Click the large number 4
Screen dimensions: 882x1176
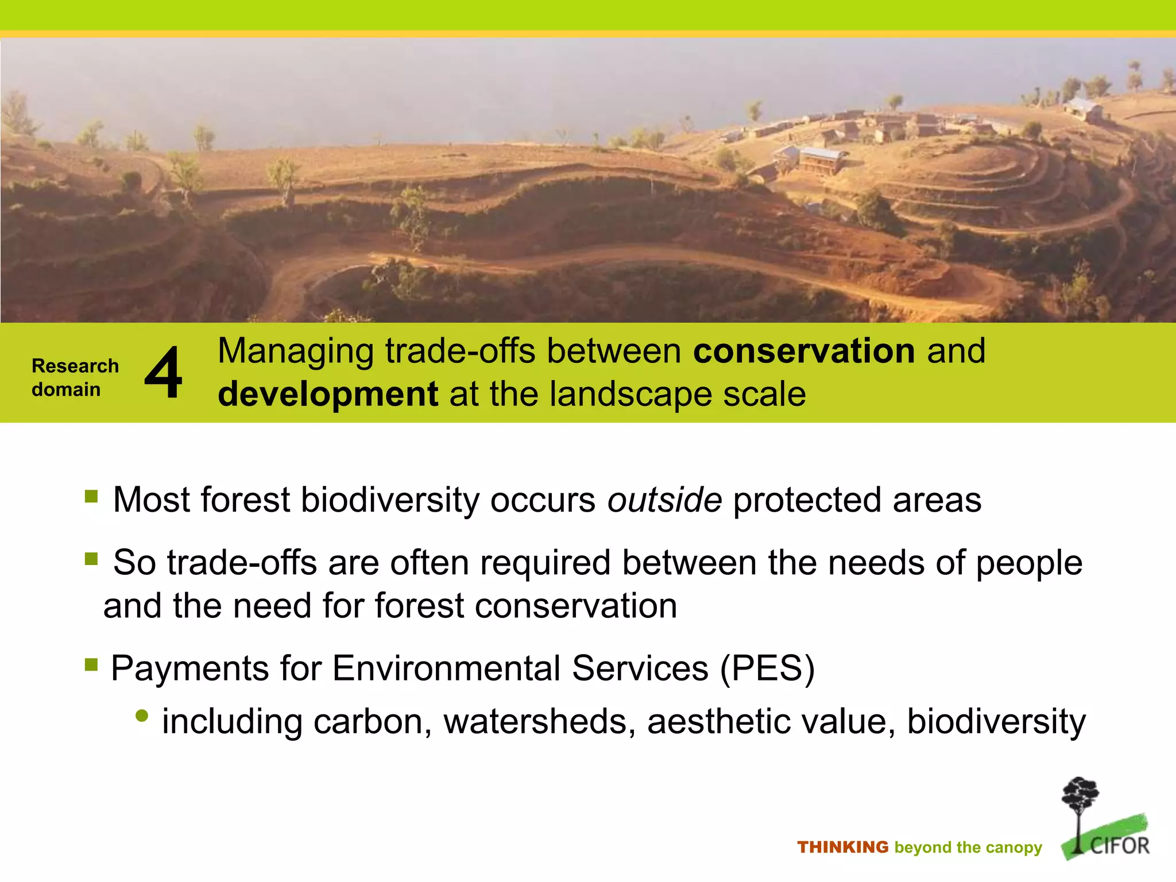point(164,373)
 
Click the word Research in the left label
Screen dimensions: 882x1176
point(75,366)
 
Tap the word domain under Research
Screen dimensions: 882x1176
point(66,389)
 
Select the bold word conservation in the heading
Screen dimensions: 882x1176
point(804,351)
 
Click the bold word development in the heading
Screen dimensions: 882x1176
point(328,394)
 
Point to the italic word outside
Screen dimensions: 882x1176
point(664,500)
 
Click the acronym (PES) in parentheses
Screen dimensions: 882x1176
point(767,668)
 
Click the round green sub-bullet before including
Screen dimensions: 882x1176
point(142,716)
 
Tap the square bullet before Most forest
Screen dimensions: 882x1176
point(91,496)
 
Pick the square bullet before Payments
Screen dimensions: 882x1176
point(91,664)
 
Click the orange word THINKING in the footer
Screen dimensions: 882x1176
point(842,848)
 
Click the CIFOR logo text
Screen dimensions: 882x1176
point(1119,846)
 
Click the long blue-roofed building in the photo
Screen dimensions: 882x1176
point(821,159)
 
